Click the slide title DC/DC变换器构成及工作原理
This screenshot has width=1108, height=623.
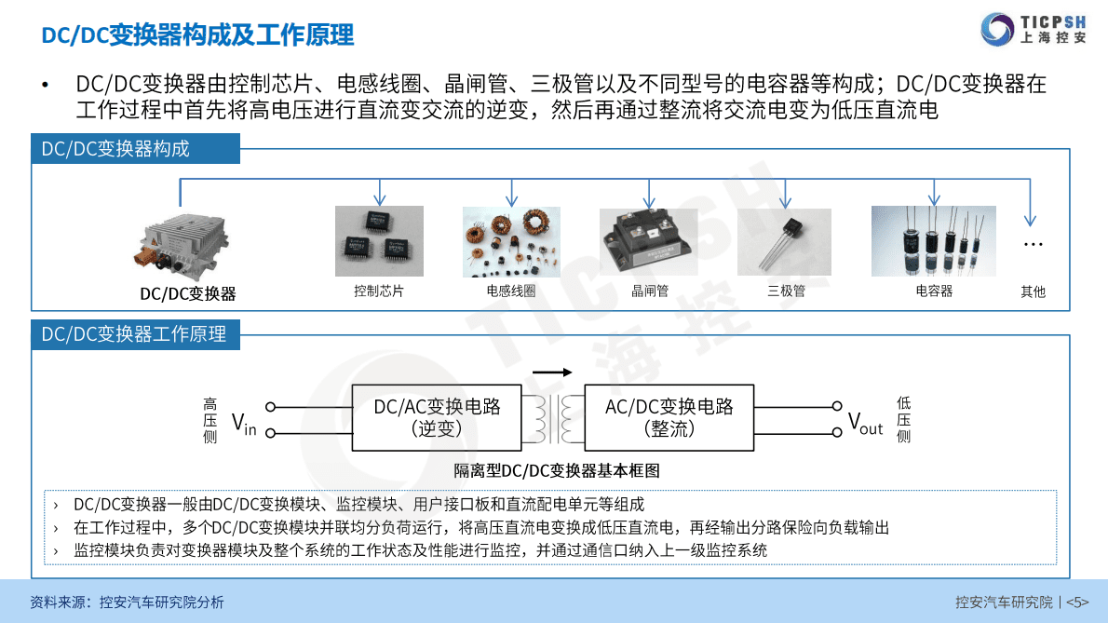(x=197, y=35)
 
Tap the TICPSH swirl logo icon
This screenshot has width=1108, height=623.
(x=998, y=29)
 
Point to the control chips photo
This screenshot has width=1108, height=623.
(x=379, y=241)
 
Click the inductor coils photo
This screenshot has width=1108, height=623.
(x=511, y=242)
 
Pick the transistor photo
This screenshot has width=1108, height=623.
(x=784, y=242)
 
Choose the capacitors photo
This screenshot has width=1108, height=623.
(x=933, y=241)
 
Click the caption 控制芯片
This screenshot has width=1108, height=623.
(x=379, y=291)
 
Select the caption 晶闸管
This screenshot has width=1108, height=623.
(x=650, y=291)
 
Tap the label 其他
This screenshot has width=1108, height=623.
(x=1033, y=291)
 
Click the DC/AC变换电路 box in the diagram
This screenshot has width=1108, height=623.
(x=437, y=417)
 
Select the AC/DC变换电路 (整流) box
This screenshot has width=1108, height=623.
(x=669, y=417)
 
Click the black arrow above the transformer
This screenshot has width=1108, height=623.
(x=552, y=372)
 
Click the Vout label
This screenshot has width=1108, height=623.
(x=864, y=423)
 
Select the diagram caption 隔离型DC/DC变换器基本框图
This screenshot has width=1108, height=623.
(x=557, y=471)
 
